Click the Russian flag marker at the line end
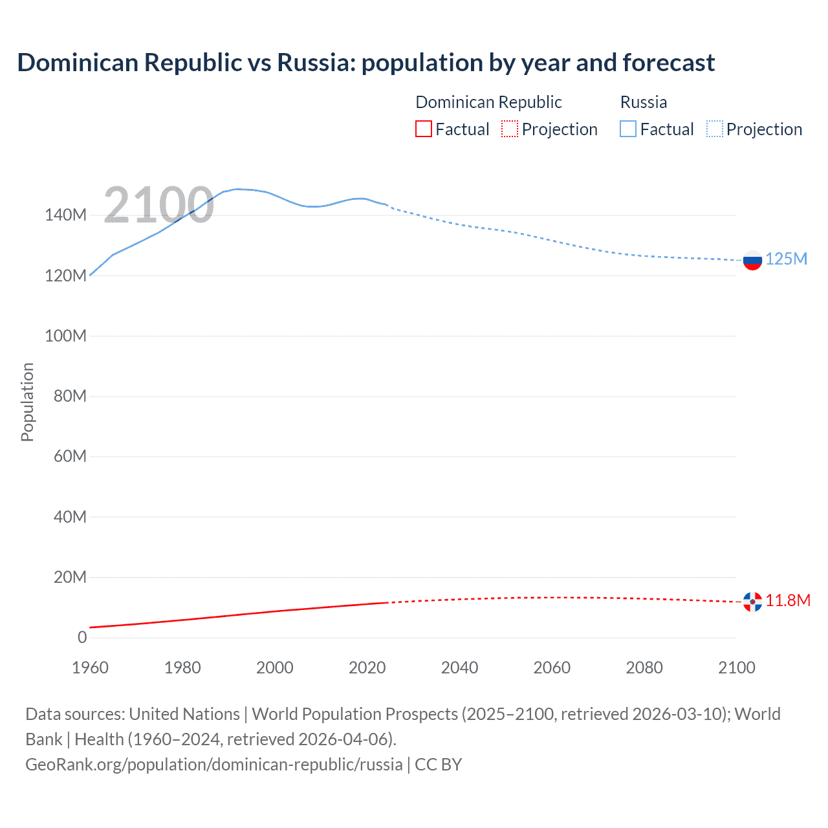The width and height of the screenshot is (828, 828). (x=752, y=261)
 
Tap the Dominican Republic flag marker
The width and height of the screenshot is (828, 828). (x=752, y=602)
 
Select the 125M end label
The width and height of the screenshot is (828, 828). (x=786, y=259)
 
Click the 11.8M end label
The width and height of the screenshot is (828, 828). (x=788, y=601)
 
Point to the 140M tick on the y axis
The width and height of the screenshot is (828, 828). (x=65, y=215)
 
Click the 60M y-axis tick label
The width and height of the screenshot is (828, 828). (x=70, y=457)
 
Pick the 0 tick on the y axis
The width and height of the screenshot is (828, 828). (x=82, y=638)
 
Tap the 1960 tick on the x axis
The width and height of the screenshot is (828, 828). (x=90, y=668)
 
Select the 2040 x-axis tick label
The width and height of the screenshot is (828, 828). (x=459, y=668)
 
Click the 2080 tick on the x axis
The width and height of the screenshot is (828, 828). (x=644, y=668)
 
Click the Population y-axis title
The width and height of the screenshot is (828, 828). (x=27, y=402)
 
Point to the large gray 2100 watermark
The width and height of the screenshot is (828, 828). (x=158, y=205)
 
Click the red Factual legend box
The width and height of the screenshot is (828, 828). (x=424, y=129)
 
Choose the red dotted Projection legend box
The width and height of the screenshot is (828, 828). (x=510, y=129)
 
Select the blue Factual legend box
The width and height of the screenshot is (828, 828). (x=628, y=129)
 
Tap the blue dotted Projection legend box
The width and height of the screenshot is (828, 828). (x=715, y=129)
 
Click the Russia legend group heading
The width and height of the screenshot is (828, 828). (x=643, y=102)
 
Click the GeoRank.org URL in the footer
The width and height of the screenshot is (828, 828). (x=213, y=765)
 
